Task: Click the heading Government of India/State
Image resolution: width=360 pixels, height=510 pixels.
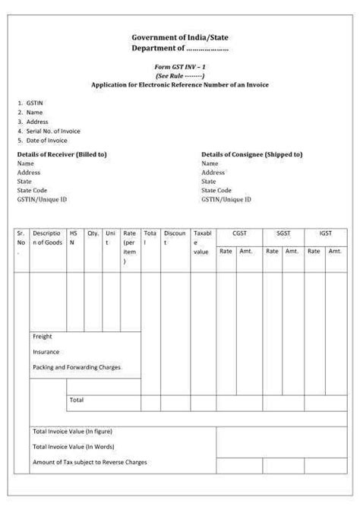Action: coord(179,37)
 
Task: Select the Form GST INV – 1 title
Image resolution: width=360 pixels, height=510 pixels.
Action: coord(179,68)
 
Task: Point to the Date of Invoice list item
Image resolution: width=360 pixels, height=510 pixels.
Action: coord(46,140)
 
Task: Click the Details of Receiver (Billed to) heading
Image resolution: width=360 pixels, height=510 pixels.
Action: coord(62,154)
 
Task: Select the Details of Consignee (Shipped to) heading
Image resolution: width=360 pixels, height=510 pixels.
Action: coord(251,154)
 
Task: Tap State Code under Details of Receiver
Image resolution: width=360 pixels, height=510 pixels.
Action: coord(32,191)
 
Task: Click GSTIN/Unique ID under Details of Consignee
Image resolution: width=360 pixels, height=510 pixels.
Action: coord(226,200)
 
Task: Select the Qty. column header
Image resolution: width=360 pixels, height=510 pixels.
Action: coord(93,234)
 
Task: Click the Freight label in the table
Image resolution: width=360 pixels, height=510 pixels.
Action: coord(43,336)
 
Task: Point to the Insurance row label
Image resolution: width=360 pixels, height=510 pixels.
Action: coord(46,352)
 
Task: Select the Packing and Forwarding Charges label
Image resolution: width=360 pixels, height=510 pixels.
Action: coord(76,367)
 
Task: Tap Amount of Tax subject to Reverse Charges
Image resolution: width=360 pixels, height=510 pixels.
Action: coord(90,461)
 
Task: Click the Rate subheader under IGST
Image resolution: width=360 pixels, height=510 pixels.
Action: coord(313,251)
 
